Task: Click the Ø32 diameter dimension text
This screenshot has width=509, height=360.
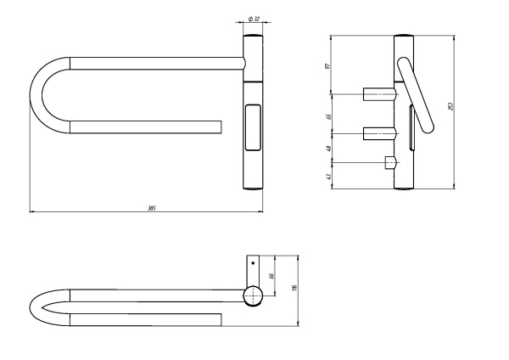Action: [255, 18]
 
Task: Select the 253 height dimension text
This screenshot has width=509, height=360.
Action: [450, 106]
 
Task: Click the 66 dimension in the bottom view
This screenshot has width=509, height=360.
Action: [272, 276]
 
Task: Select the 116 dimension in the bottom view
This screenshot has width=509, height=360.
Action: [294, 290]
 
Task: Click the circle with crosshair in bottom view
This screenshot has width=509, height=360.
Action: [253, 295]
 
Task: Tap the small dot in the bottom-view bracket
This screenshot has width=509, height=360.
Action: [253, 263]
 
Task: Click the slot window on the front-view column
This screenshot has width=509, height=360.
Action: [253, 127]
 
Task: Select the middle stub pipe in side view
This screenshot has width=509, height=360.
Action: [380, 132]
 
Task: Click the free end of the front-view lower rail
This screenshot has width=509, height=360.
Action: [219, 127]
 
